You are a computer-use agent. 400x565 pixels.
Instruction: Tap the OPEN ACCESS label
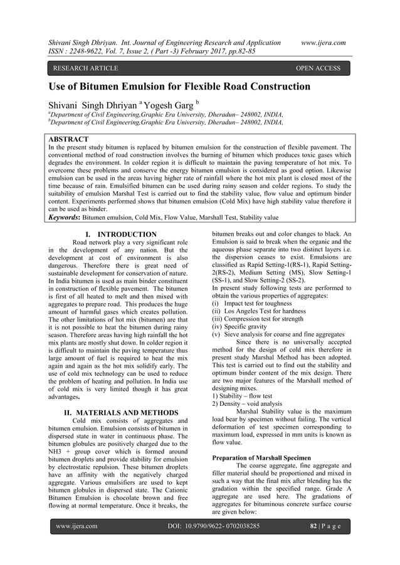click(x=318, y=68)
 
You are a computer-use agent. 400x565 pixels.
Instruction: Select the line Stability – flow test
click(x=244, y=396)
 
